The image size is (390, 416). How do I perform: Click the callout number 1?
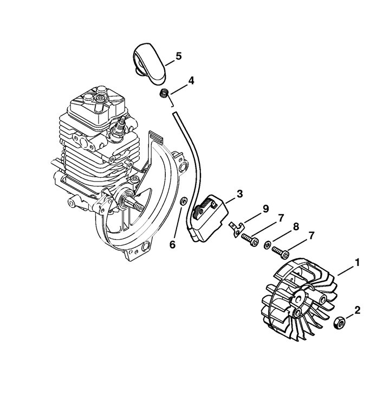pyautogui.click(x=357, y=263)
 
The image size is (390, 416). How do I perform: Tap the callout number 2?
pyautogui.click(x=357, y=310)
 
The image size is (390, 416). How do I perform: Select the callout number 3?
pyautogui.click(x=239, y=194)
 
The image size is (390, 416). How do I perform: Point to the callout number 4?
pyautogui.click(x=191, y=81)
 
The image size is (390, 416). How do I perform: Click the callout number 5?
pyautogui.click(x=179, y=56)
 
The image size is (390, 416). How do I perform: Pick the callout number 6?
pyautogui.click(x=172, y=245)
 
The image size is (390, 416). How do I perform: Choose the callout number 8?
pyautogui.click(x=296, y=226)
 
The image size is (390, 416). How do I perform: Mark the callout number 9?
pyautogui.click(x=265, y=209)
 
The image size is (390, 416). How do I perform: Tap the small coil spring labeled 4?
pyautogui.click(x=164, y=94)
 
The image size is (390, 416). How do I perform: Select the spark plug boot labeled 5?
pyautogui.click(x=149, y=64)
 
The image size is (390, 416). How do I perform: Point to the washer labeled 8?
pyautogui.click(x=267, y=245)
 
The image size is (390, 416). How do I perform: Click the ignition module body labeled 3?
pyautogui.click(x=209, y=218)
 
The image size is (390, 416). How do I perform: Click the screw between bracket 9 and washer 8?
pyautogui.click(x=250, y=239)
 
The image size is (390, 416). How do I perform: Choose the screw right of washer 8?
pyautogui.click(x=281, y=252)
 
